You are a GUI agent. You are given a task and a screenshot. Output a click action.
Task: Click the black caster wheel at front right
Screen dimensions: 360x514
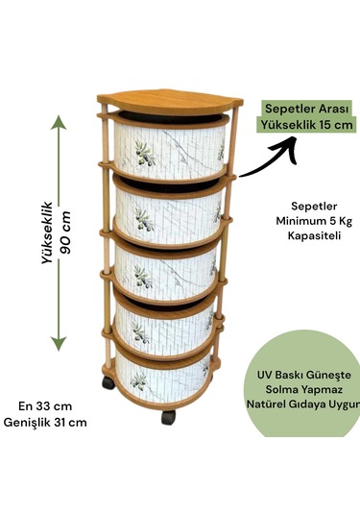click(x=170, y=418)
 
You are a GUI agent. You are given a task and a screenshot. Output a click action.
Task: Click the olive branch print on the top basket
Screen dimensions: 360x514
click(x=144, y=154)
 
